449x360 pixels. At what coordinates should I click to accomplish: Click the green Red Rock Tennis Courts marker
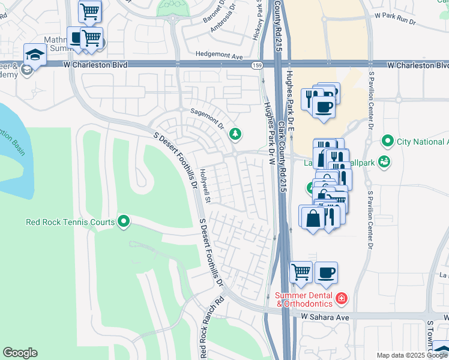124,222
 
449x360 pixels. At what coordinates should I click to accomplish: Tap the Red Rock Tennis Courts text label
70,222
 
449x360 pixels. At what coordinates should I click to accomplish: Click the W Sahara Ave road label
325,316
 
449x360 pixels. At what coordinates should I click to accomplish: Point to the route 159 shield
257,65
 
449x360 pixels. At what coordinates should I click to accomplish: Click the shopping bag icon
313,217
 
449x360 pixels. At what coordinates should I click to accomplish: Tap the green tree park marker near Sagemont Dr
235,133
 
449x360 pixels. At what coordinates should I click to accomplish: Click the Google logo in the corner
20,353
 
